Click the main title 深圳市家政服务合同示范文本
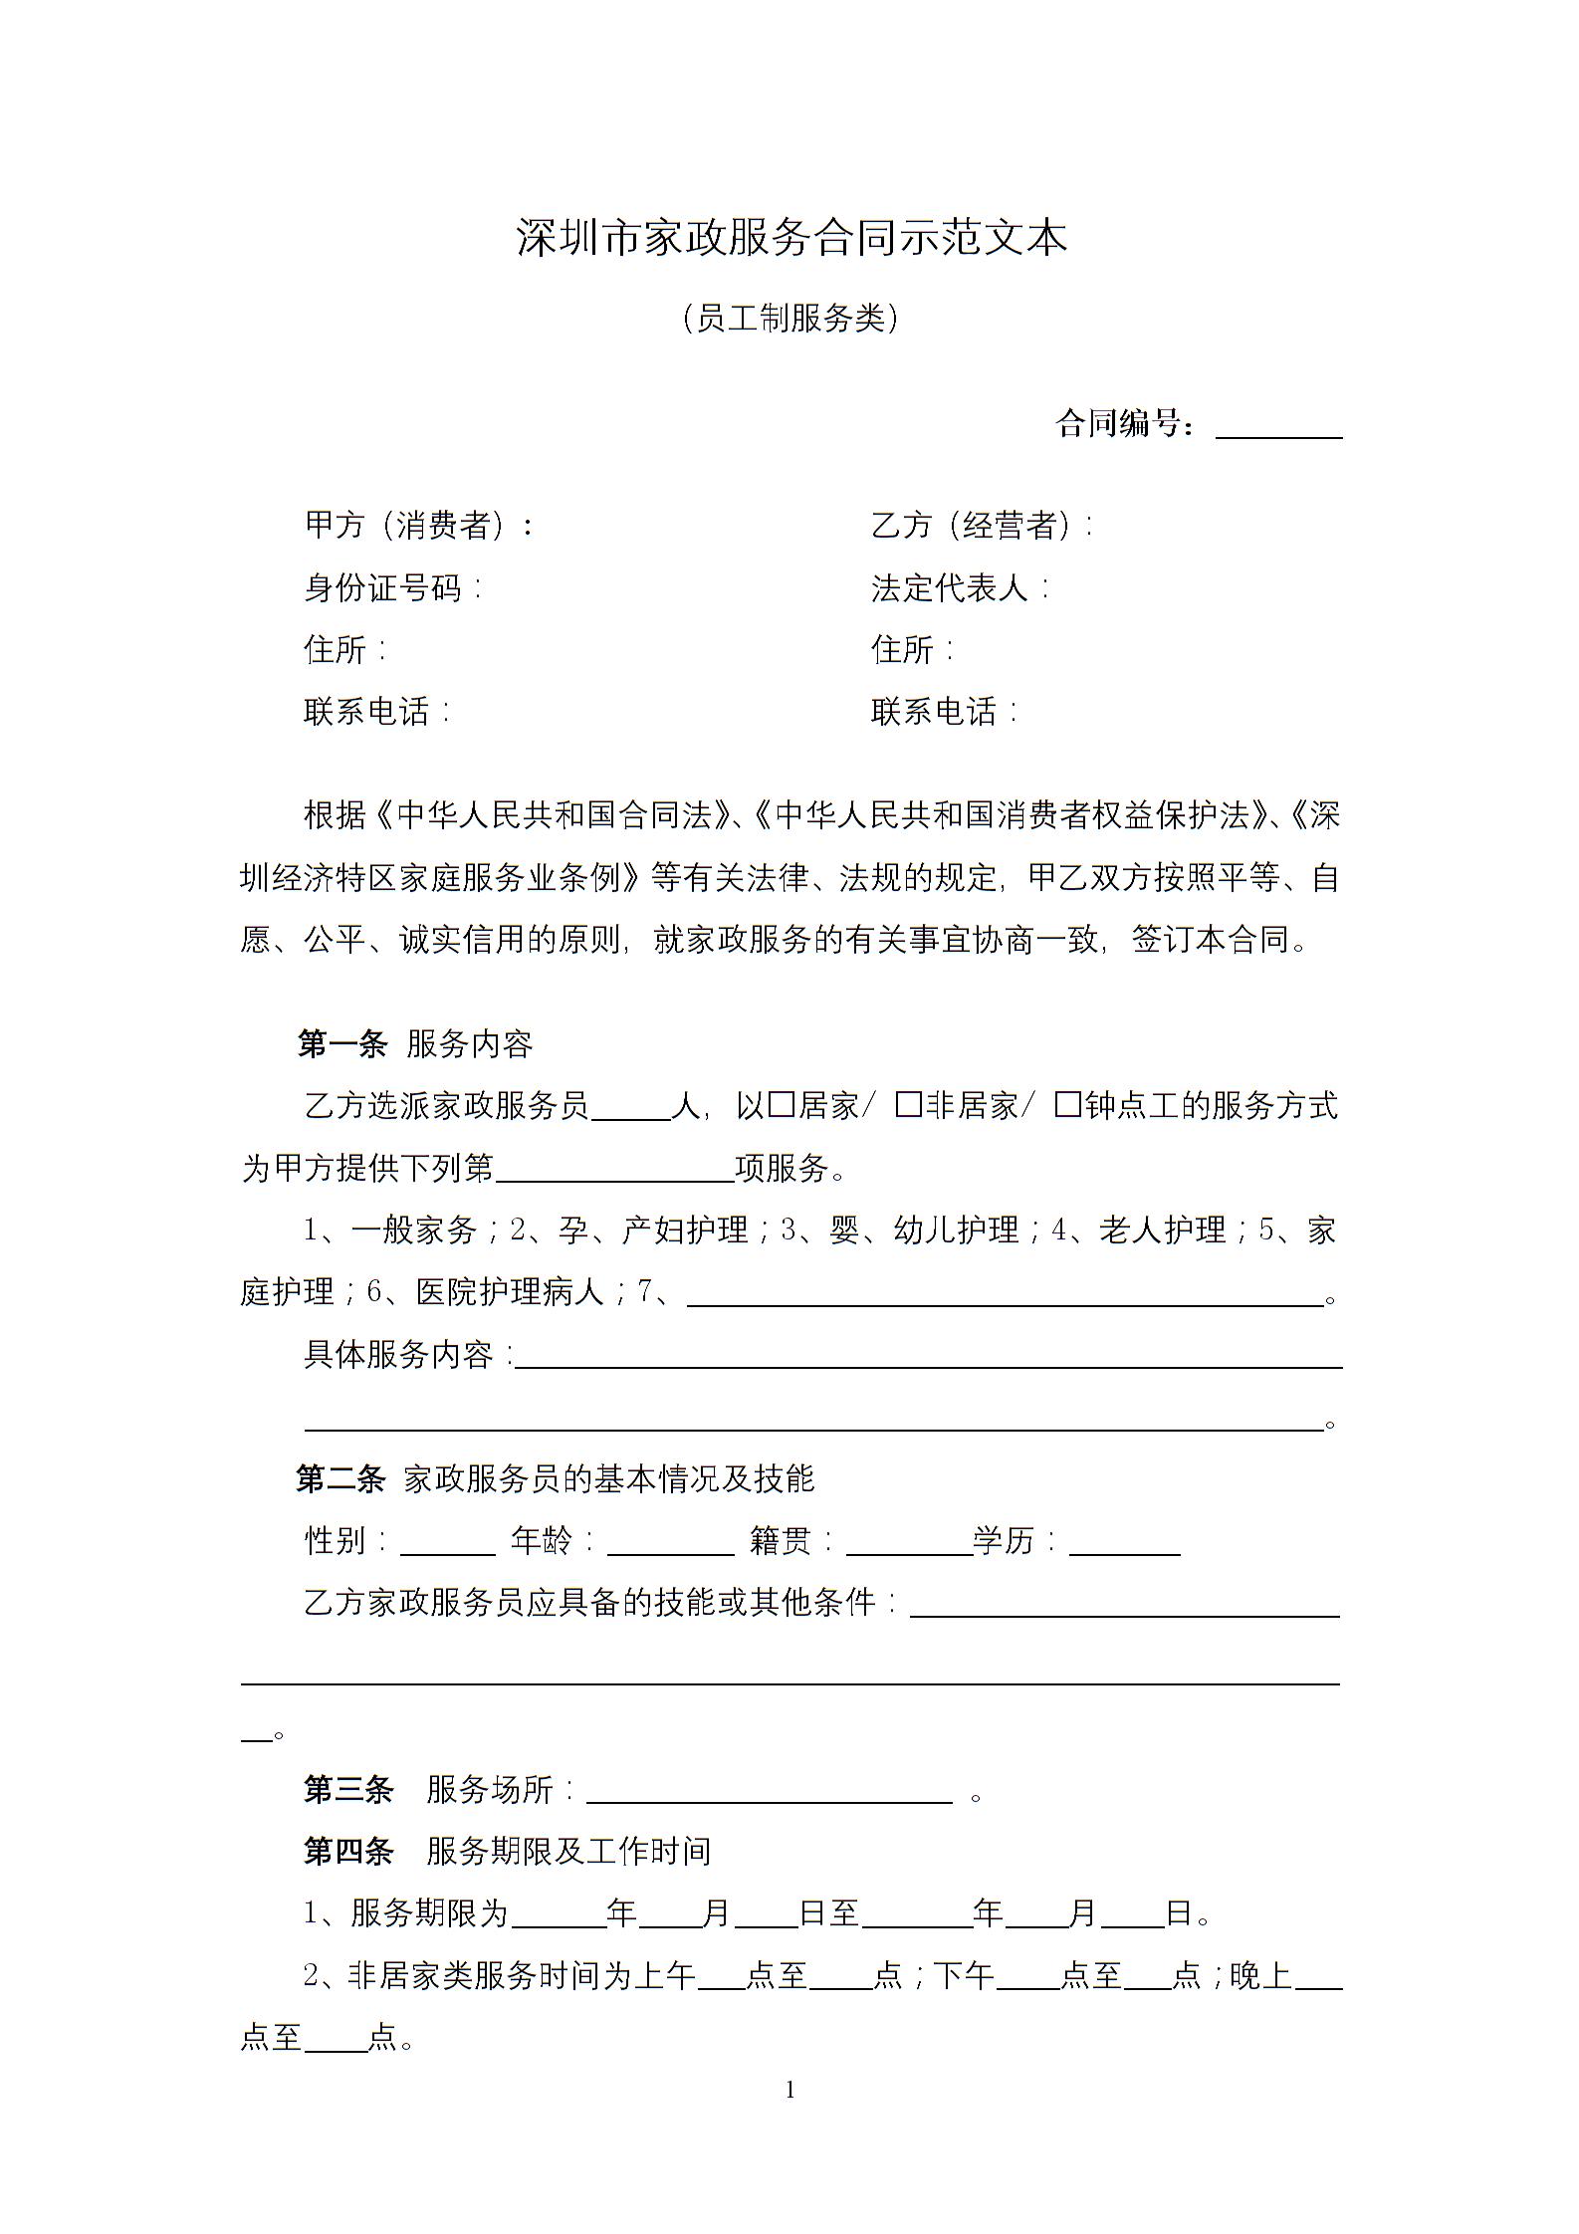pos(791,239)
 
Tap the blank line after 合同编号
pos(1278,428)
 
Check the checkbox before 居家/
pos(782,1104)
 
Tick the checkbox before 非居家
pos(908,1104)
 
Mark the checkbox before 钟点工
pos(1068,1104)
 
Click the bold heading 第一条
pos(341,1043)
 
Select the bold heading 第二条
pos(340,1478)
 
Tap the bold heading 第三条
pos(348,1789)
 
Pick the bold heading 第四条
pos(348,1851)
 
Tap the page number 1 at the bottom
pos(790,2090)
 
